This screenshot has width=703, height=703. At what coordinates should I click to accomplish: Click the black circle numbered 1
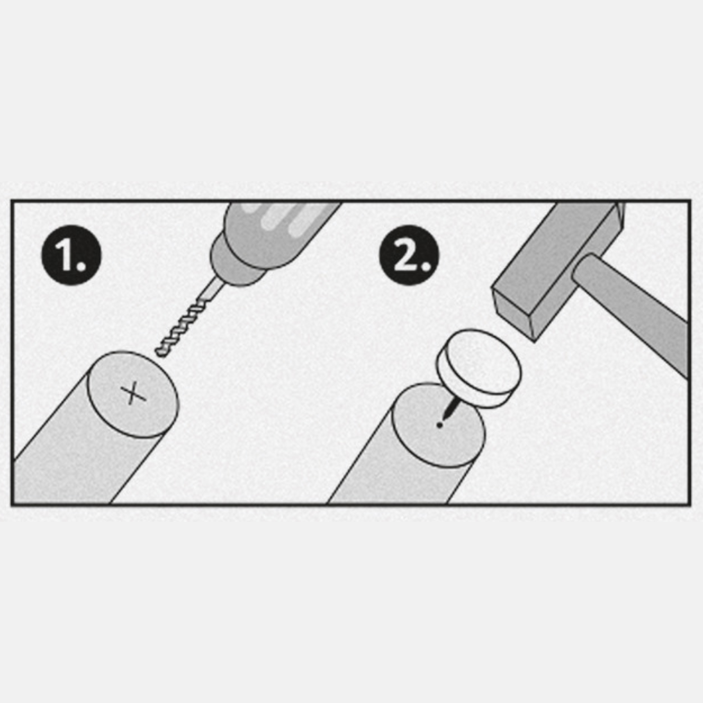tap(71, 255)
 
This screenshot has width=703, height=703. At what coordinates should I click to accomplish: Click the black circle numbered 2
tap(409, 255)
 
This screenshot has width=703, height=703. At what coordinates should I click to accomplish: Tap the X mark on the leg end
tap(133, 394)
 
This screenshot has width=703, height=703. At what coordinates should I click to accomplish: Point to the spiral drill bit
tap(188, 318)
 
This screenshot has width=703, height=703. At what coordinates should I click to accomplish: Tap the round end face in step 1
tap(133, 395)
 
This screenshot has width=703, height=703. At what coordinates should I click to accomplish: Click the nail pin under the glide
tap(450, 409)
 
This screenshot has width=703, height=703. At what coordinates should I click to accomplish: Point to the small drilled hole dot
tap(440, 425)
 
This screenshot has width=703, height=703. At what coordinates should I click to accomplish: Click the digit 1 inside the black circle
tap(66, 256)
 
